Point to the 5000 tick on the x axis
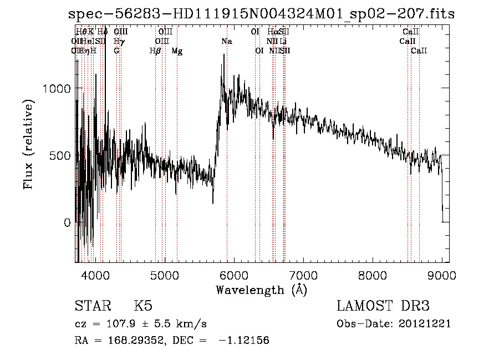coord(165,275)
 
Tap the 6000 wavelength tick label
coord(235,275)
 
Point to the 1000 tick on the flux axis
coord(56,89)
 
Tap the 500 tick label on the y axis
coord(60,156)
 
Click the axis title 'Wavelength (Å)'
coord(261,290)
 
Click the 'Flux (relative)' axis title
coord(28,144)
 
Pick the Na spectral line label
coord(226,41)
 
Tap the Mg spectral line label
coord(177,51)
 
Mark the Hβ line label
coord(155,51)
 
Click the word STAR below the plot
coord(91,306)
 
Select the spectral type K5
coord(143,306)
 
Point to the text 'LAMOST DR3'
coord(383,306)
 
